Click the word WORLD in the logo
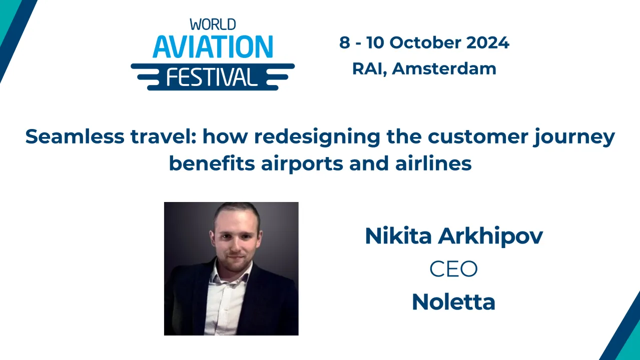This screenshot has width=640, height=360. [x=213, y=24]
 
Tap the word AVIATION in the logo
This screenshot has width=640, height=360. [x=213, y=47]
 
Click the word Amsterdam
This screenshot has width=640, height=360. [x=444, y=68]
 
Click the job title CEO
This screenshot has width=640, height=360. [x=453, y=269]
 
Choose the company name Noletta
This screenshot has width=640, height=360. [x=453, y=301]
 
